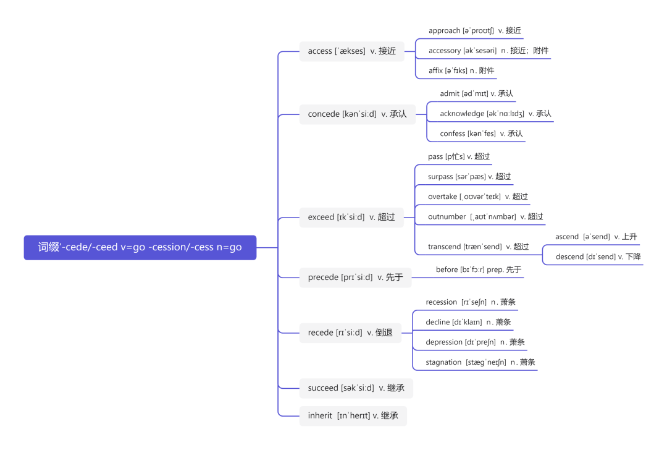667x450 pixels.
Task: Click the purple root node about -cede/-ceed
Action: point(140,247)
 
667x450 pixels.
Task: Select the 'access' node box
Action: point(351,51)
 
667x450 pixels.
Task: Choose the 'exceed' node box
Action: point(351,217)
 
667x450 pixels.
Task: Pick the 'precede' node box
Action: point(355,278)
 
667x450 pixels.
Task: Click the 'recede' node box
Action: point(350,333)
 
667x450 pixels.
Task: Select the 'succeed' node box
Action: point(356,388)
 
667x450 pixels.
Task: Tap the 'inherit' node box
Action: point(353,415)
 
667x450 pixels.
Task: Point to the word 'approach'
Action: point(444,30)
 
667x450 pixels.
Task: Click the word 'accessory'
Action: point(445,51)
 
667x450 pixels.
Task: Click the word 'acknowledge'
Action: point(462,114)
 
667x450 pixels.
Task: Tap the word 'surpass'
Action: point(440,177)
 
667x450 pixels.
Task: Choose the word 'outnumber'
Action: point(447,216)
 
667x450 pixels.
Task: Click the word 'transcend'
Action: point(444,247)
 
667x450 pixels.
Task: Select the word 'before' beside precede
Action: point(447,270)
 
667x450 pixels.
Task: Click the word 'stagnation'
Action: point(443,362)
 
